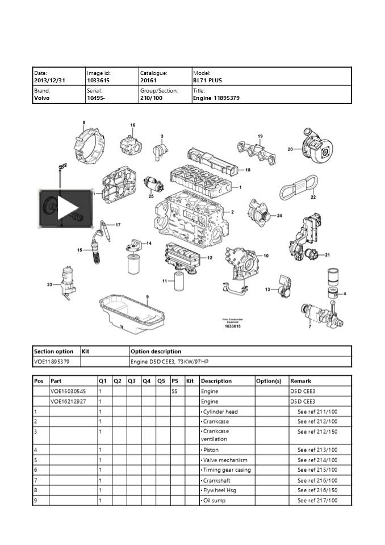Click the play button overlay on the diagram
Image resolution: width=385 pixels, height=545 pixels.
click(65, 209)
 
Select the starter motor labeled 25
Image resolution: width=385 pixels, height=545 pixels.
click(154, 184)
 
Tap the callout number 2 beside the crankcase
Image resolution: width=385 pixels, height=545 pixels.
click(232, 212)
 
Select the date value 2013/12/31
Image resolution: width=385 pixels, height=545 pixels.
click(50, 81)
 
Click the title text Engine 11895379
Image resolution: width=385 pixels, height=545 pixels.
click(216, 98)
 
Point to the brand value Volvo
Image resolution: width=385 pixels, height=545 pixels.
click(42, 98)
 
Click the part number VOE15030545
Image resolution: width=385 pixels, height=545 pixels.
click(68, 391)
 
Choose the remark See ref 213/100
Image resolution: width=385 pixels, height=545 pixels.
click(317, 450)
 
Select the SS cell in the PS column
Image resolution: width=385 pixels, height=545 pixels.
click(174, 391)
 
